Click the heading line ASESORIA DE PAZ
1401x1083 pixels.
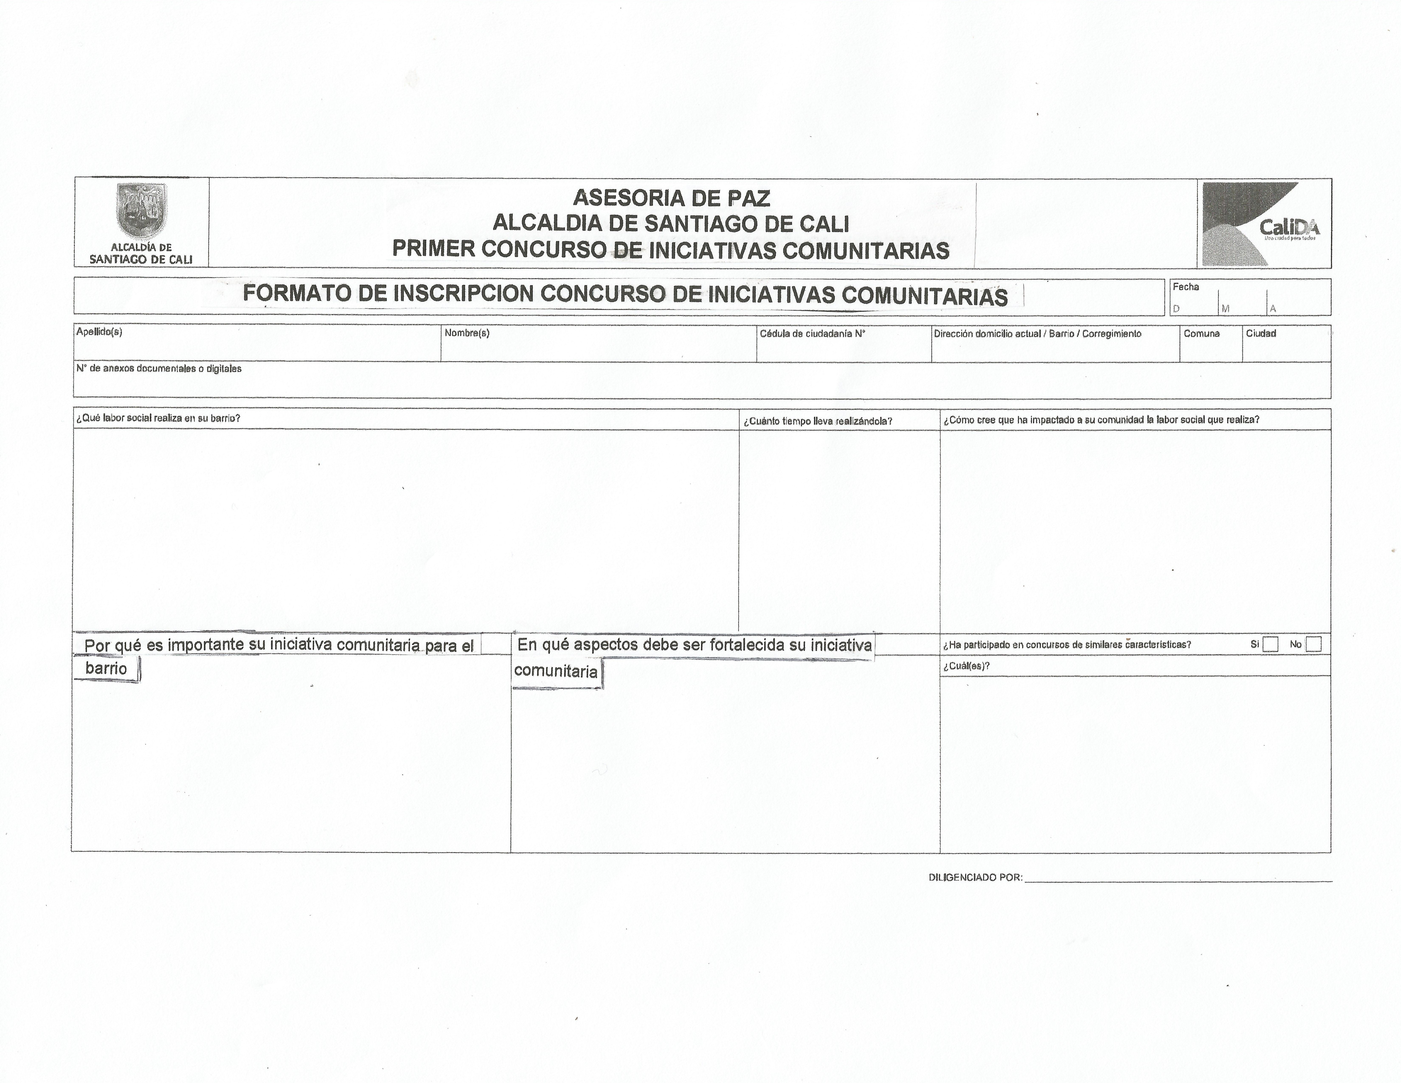(x=671, y=198)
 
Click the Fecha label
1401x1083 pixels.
(x=1186, y=287)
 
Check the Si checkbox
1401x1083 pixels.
(x=1270, y=644)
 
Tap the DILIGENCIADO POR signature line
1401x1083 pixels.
(x=1178, y=880)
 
